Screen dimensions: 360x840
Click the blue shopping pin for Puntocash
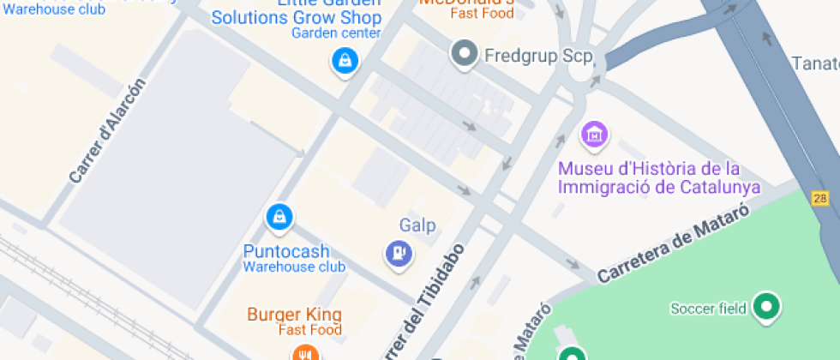pos(279,218)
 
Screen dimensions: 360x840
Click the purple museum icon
pos(594,134)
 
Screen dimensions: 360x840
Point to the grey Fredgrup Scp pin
pos(465,55)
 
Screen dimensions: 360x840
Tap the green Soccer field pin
pos(765,307)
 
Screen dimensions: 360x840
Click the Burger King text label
pos(294,314)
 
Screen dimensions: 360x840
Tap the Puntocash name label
pos(285,252)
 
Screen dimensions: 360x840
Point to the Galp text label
pos(417,225)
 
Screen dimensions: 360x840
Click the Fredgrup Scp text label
pos(527,57)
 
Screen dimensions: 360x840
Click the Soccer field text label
pos(709,309)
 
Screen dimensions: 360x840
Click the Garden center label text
pos(336,33)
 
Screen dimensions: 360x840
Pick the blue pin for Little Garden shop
pos(345,61)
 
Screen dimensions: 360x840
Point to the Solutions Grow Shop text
pos(297,17)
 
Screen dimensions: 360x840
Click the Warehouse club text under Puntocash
pos(294,267)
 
